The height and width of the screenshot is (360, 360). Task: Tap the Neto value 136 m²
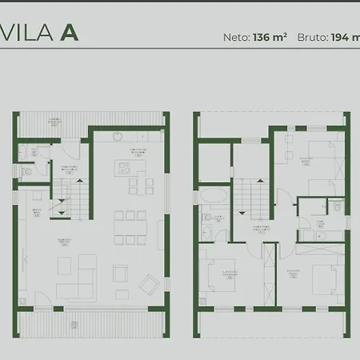click(270, 37)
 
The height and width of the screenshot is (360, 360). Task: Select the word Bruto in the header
click(312, 37)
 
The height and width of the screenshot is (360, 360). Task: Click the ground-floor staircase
click(67, 196)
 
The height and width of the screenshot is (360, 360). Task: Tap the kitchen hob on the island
click(123, 167)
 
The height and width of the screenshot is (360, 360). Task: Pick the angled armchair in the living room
click(149, 284)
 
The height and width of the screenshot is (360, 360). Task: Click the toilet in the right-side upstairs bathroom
click(339, 207)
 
